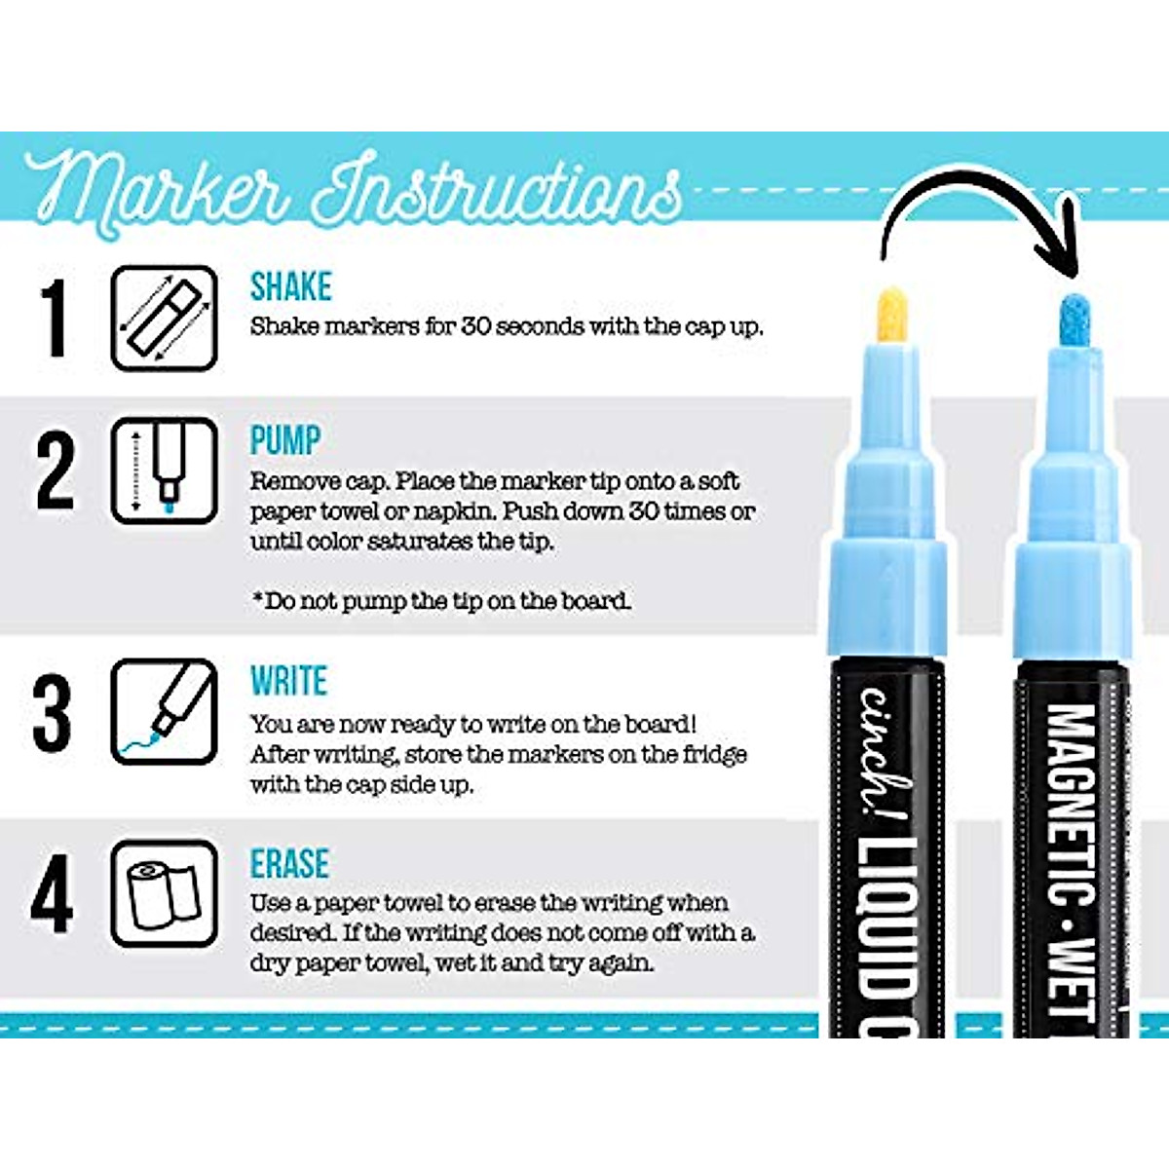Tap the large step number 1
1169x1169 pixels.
tap(56, 318)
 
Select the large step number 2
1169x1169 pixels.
tap(56, 471)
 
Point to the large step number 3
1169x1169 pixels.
tap(53, 713)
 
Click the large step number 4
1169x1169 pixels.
tap(52, 893)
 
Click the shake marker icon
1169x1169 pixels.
tap(164, 318)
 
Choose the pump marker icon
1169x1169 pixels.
tap(164, 471)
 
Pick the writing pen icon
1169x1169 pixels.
tap(164, 712)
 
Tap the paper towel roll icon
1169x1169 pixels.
tap(164, 893)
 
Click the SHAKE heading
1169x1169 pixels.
tap(290, 286)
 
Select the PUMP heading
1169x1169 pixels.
tap(284, 440)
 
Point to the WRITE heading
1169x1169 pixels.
tap(288, 681)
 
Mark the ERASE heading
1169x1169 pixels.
tap(289, 864)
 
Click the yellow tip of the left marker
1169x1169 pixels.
tap(892, 314)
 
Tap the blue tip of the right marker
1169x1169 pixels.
tap(1074, 319)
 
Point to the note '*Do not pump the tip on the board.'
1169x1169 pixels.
tap(441, 601)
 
